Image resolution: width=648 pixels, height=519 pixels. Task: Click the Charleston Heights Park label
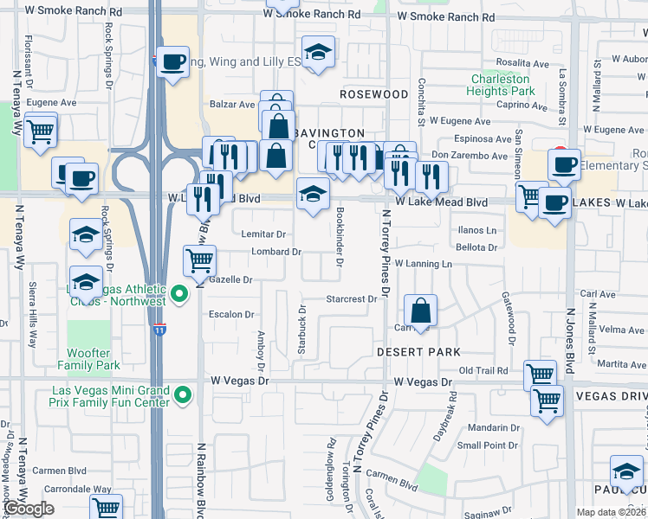pyautogui.click(x=500, y=84)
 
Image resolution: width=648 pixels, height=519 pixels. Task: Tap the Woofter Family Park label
pyautogui.click(x=90, y=360)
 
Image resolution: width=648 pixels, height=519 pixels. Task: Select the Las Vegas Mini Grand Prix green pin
pyautogui.click(x=182, y=396)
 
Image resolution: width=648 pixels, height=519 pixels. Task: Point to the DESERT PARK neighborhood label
pyautogui.click(x=418, y=353)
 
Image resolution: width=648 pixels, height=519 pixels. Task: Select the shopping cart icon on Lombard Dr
pyautogui.click(x=200, y=259)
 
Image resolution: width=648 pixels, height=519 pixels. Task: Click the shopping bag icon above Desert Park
pyautogui.click(x=419, y=310)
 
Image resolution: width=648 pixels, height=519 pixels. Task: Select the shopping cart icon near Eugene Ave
pyautogui.click(x=40, y=132)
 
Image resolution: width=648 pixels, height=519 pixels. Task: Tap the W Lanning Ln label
pyautogui.click(x=423, y=263)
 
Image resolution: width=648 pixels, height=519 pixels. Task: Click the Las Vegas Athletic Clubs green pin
pyautogui.click(x=180, y=295)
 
